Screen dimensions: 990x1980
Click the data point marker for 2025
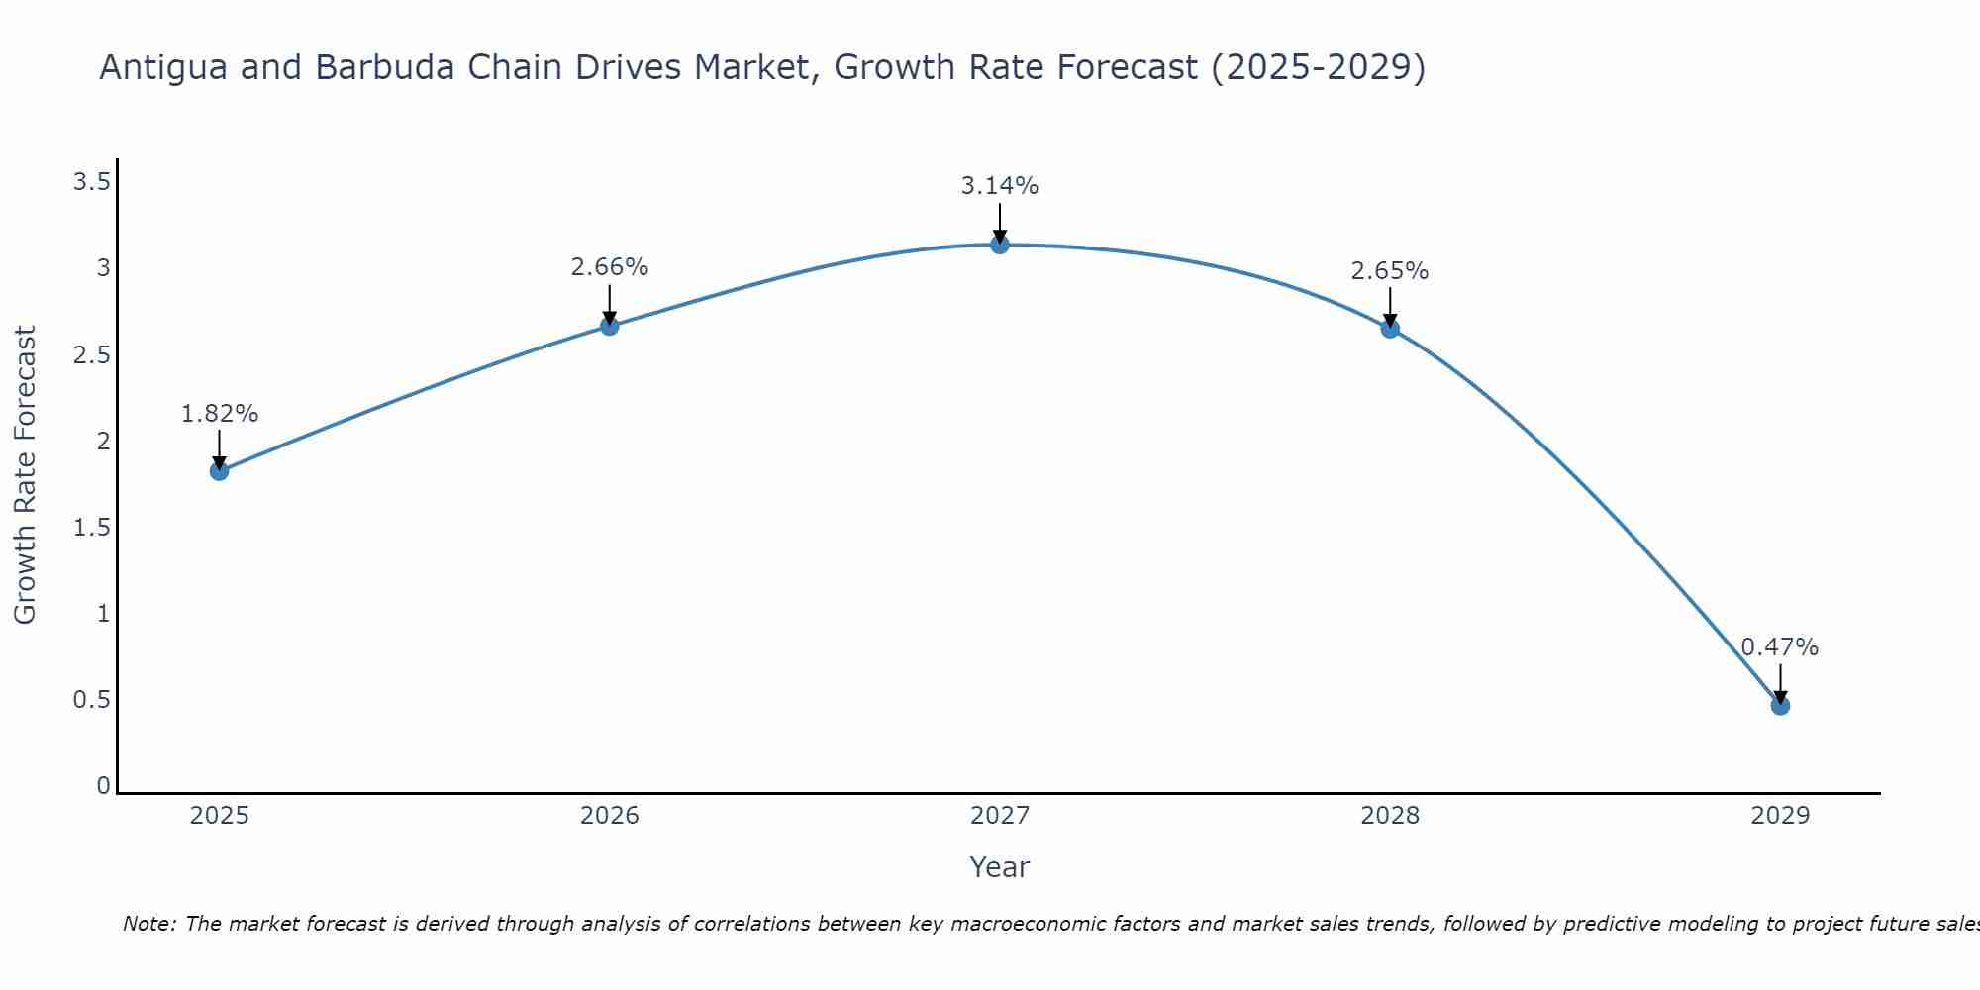point(220,471)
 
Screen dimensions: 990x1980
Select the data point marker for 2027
point(1000,245)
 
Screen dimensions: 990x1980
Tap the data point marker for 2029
point(1780,706)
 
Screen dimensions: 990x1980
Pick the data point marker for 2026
point(610,326)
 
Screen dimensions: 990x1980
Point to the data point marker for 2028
point(1390,329)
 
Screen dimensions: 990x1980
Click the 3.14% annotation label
point(1000,186)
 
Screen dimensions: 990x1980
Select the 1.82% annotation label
point(220,414)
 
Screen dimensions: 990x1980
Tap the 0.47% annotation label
point(1780,647)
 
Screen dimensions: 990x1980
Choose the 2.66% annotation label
point(610,267)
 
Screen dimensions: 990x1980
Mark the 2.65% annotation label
point(1390,271)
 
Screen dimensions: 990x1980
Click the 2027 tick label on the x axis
point(1000,816)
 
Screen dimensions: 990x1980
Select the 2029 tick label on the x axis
point(1780,816)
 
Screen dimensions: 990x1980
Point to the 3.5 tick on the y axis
point(92,182)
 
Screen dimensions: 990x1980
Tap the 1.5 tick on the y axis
point(92,528)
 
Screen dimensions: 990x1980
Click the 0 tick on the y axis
point(103,786)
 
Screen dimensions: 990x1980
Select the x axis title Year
point(1000,867)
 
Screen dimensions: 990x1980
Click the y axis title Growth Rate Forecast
point(25,475)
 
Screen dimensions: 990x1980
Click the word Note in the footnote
point(148,924)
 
